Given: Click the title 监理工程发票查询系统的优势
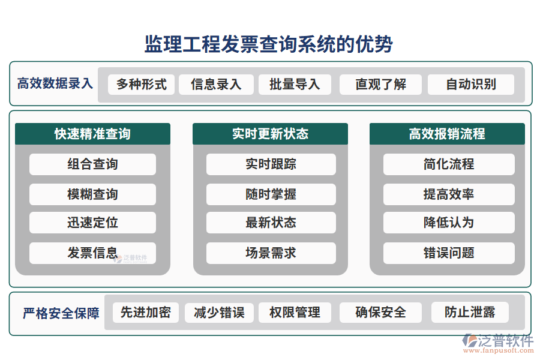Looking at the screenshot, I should point(269,44).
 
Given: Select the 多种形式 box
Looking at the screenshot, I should point(141,85).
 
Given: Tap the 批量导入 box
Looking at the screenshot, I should point(295,85).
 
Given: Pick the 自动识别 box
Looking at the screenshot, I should point(470,85).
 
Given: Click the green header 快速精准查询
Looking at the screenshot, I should point(92,134).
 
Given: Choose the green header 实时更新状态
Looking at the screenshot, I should point(270,134).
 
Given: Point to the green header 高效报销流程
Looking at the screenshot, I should point(447,134).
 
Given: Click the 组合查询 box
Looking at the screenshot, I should point(92,164).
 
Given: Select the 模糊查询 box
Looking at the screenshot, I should point(92,194).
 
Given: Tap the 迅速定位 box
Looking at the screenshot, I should point(92,223).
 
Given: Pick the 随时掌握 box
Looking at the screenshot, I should point(271,194).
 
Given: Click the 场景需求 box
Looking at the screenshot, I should point(271,253).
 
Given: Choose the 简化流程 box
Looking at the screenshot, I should point(449,164).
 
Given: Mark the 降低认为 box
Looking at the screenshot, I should point(449,223).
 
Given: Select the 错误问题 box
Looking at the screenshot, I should point(449,253).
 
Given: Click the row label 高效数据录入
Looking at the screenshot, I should point(55,84).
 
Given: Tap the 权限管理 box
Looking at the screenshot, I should point(295,313).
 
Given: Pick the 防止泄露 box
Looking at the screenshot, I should point(470,313).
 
